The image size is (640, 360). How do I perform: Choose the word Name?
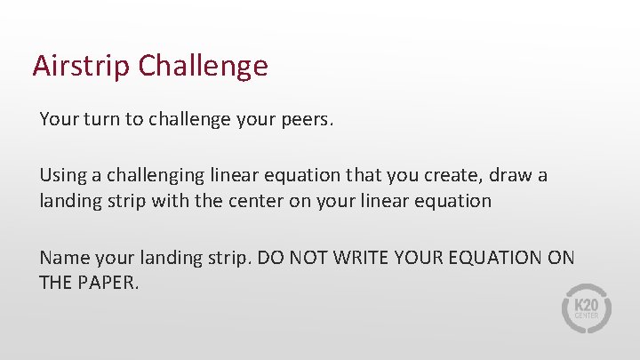coord(62,258)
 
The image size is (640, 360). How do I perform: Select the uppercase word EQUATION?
coord(503,258)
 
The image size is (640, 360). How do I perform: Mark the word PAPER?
coord(111,283)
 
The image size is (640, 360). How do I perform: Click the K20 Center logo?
coord(587,309)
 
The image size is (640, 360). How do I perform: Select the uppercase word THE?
coord(57,283)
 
